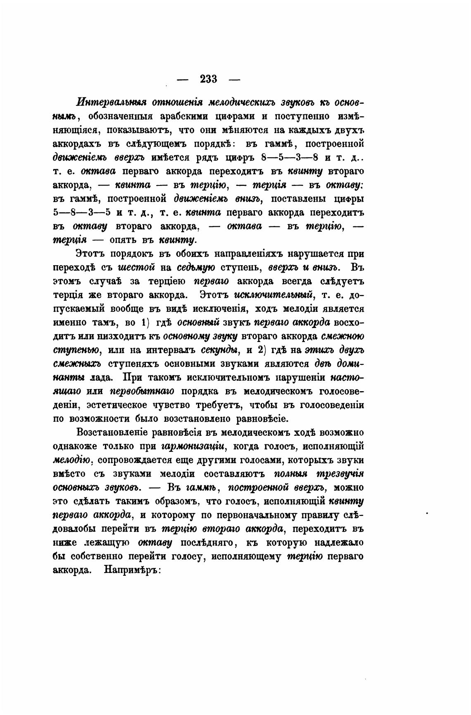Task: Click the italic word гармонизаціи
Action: pyautogui.click(x=193, y=447)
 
